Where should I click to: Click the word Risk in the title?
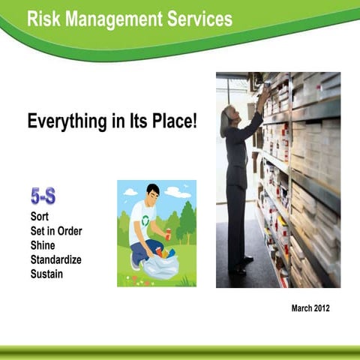coord(43,19)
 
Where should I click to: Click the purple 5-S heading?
coord(43,198)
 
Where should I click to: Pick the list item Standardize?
coord(56,259)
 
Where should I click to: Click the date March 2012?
coord(309,307)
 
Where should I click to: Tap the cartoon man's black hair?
coord(153,190)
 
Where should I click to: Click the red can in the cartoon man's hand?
coord(167,235)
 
